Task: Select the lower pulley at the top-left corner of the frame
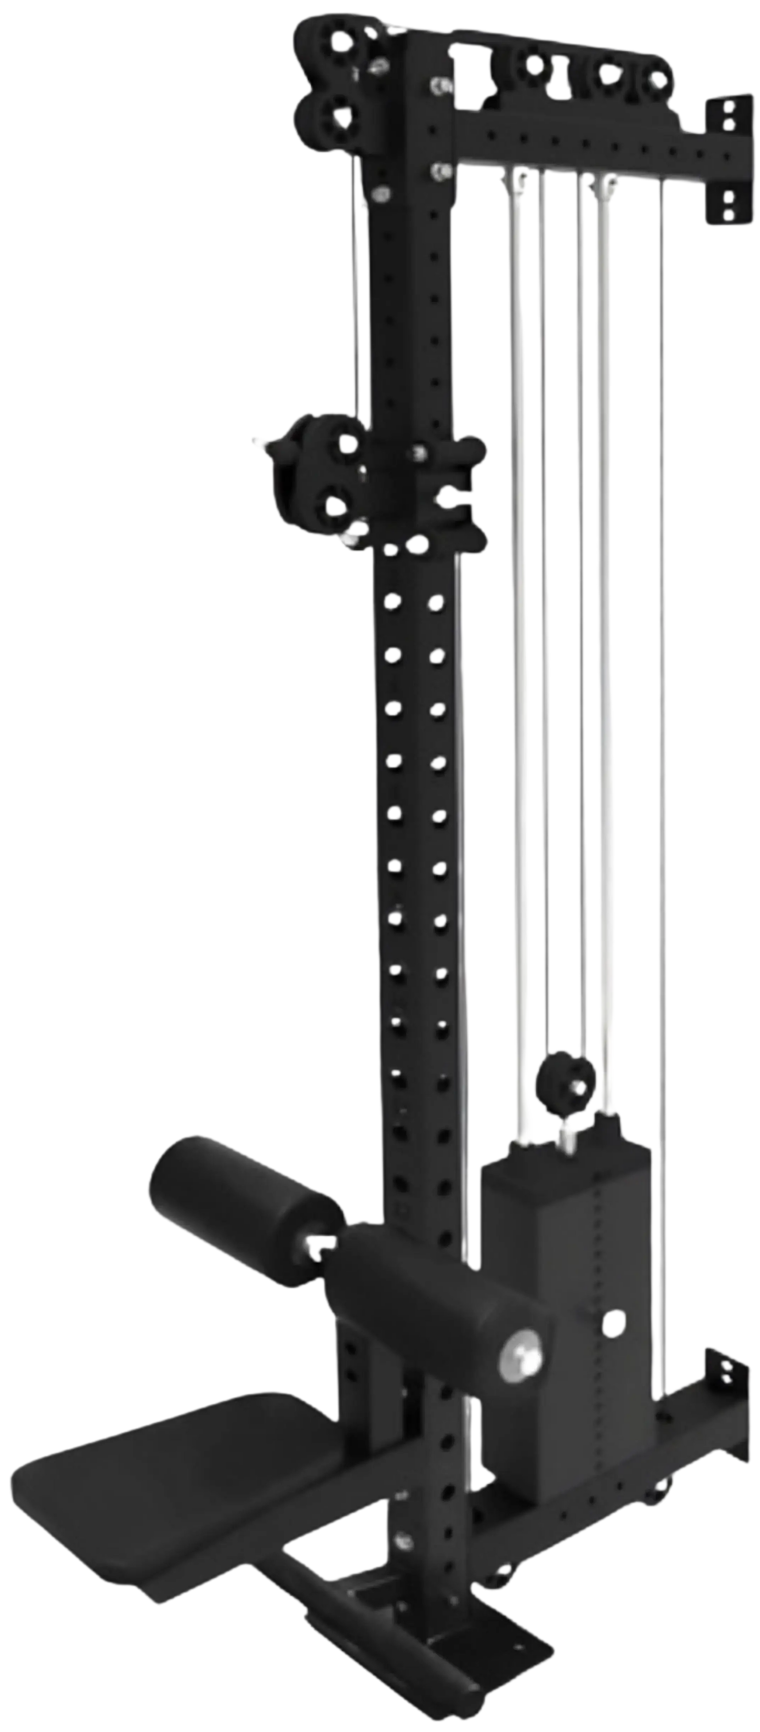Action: (336, 117)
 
